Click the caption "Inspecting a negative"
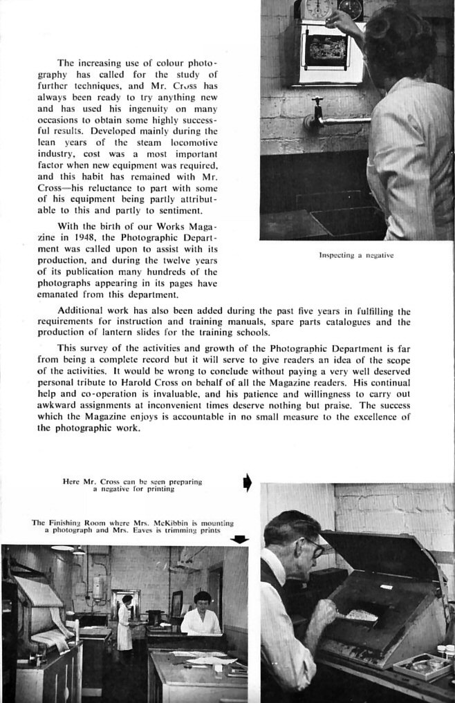click(356, 255)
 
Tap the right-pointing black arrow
click(247, 482)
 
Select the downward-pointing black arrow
click(239, 539)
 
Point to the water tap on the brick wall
click(317, 111)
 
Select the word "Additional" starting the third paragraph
click(81, 311)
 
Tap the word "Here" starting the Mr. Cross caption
click(71, 481)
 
